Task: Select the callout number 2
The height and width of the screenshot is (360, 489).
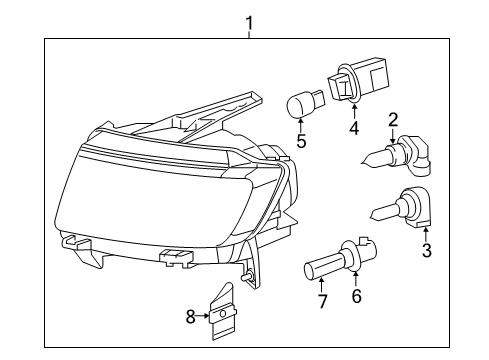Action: pos(393,118)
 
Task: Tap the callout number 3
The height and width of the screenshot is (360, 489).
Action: pos(426,250)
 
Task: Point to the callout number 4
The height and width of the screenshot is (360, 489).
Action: pos(351,127)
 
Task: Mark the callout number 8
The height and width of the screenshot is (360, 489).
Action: pos(190,318)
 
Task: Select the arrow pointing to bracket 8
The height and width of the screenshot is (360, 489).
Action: pos(204,318)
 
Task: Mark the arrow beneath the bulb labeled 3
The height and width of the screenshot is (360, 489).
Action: pos(426,233)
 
